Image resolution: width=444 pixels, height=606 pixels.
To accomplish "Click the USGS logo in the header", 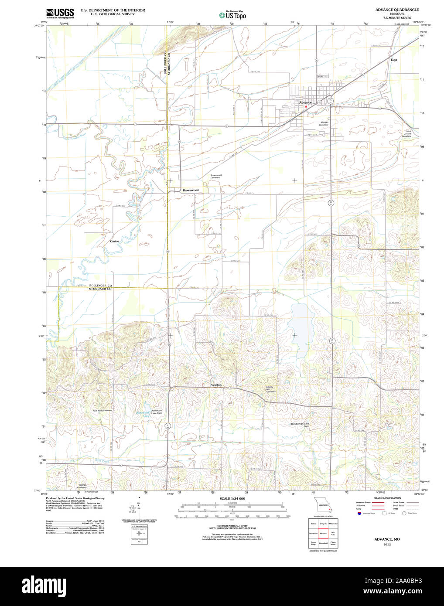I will click(60, 13).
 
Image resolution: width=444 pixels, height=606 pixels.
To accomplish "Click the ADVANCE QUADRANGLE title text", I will click(391, 10).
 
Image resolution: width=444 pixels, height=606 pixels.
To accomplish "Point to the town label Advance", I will click(305, 102).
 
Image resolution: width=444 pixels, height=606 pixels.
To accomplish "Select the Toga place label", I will click(394, 60).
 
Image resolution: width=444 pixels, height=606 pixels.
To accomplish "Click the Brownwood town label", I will click(190, 190).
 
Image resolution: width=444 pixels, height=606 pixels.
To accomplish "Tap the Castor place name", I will click(114, 241).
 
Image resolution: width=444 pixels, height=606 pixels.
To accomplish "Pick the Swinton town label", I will click(216, 385).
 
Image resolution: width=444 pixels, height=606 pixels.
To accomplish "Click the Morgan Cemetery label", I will click(324, 123).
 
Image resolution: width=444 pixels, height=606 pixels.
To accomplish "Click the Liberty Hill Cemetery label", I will click(271, 390).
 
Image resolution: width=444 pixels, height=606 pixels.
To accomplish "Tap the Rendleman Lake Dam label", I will click(300, 425).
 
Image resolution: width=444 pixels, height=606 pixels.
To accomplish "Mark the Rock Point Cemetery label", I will click(102, 410).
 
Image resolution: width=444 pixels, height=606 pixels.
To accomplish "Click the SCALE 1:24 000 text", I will click(232, 498).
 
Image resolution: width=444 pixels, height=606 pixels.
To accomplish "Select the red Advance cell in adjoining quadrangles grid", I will click(323, 533).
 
